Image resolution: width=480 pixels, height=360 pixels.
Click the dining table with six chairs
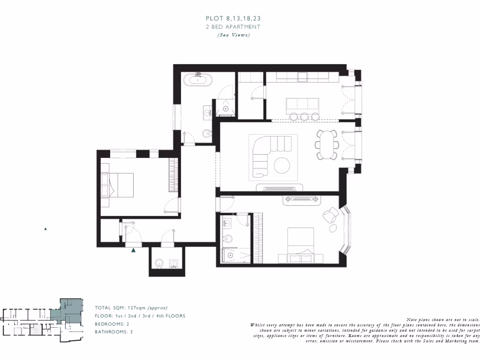click(326, 144)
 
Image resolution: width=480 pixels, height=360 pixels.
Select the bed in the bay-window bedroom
click(300, 244)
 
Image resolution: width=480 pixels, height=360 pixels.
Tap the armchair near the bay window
click(330, 216)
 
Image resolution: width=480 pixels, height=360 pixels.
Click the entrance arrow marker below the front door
click(134, 251)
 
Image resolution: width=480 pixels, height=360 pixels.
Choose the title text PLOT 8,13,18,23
click(233, 18)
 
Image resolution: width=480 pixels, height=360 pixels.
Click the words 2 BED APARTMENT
click(233, 27)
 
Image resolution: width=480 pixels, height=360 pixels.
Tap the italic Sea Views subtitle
click(233, 35)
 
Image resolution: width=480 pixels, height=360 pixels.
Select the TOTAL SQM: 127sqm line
click(131, 308)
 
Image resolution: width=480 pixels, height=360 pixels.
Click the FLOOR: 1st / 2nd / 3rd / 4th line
click(140, 316)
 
